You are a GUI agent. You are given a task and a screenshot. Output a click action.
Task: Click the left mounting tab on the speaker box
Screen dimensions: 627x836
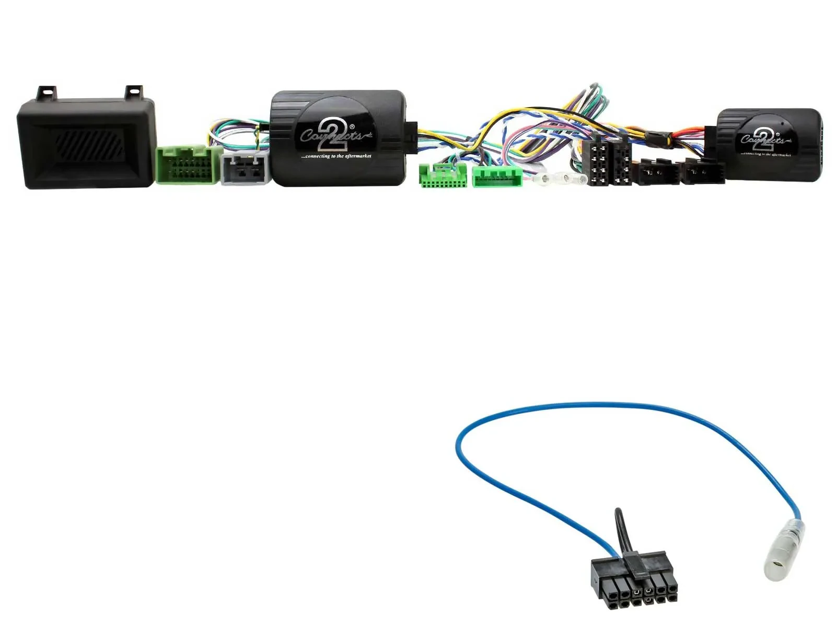click(x=47, y=92)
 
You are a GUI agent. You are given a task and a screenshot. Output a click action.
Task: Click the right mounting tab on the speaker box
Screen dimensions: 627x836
click(x=133, y=91)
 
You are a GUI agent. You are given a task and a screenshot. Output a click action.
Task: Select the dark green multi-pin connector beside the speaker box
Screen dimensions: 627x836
click(x=187, y=165)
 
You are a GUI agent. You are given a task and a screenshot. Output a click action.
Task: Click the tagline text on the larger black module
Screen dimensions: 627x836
click(x=336, y=156)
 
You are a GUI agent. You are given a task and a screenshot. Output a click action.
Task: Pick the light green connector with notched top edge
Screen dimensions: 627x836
click(x=443, y=175)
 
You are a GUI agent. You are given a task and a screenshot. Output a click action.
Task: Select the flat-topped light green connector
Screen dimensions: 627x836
click(x=496, y=177)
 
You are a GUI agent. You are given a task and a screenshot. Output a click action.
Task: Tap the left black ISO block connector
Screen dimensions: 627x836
click(x=598, y=163)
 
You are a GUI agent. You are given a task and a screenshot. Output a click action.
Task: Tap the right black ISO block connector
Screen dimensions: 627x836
click(x=621, y=163)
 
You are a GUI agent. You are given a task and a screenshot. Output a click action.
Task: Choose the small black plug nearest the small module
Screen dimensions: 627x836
click(x=703, y=172)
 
